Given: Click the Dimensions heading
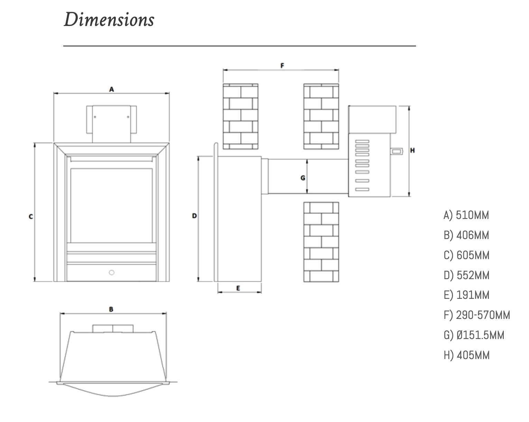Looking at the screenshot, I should (109, 19).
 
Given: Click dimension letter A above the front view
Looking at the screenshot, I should (111, 89).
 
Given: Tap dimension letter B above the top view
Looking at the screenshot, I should (111, 309).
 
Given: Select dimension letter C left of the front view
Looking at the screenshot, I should (31, 217).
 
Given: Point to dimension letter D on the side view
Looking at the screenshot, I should (194, 216).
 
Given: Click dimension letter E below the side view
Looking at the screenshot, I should (238, 288).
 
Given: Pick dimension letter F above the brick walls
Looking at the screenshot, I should (282, 65).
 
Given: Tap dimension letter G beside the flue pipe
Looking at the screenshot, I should (303, 178).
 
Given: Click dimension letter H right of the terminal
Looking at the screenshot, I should (412, 150).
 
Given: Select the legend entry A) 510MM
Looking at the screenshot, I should (466, 215).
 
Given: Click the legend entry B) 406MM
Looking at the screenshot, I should (466, 235).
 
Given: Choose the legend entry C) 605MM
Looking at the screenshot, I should (466, 255).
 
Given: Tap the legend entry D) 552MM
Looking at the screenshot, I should (466, 275).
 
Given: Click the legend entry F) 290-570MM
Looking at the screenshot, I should (476, 315).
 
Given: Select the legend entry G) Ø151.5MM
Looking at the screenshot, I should (474, 335).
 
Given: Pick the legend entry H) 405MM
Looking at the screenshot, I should (466, 355).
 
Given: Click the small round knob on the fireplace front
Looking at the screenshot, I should (111, 273).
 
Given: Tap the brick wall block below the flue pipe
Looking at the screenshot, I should (321, 242).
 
